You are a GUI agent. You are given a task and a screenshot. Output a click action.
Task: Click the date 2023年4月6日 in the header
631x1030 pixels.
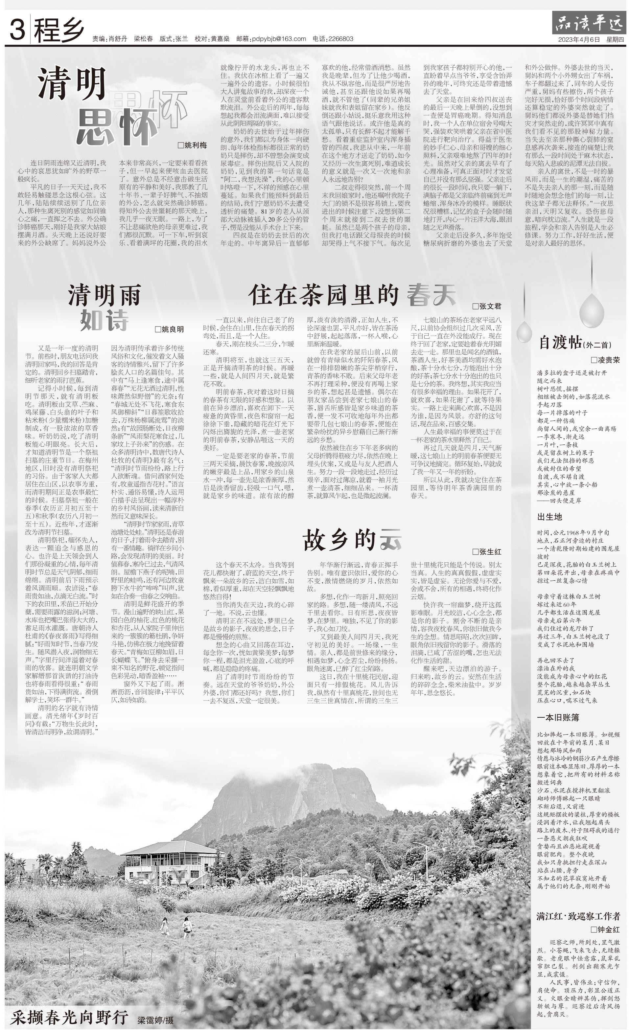click(579, 39)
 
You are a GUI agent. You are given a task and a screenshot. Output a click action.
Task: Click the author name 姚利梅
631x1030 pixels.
click(195, 146)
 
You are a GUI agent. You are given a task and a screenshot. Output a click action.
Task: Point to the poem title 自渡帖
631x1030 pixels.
click(560, 343)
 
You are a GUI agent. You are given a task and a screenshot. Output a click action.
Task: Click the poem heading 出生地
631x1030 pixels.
click(549, 517)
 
